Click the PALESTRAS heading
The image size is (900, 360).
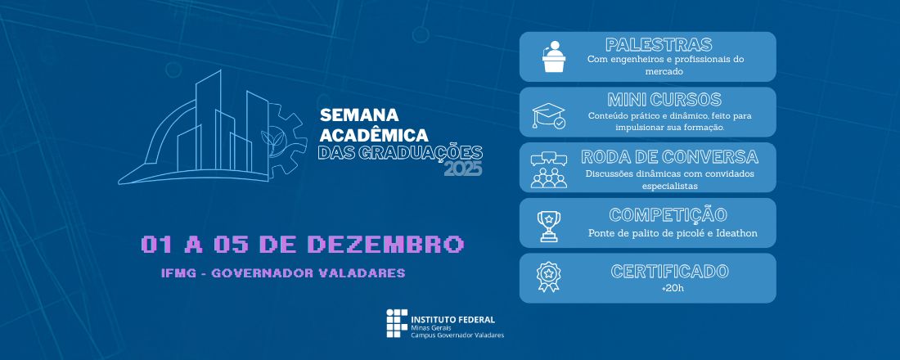tap(659, 45)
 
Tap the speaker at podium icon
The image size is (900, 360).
tap(555, 56)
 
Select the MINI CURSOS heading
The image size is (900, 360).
tap(664, 100)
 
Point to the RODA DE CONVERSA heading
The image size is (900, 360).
tap(669, 156)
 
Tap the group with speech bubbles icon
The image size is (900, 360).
tap(549, 169)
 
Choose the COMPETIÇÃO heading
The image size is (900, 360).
tap(668, 215)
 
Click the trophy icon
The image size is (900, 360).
tap(547, 226)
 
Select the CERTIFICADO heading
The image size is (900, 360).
tap(669, 271)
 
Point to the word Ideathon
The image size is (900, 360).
tap(734, 233)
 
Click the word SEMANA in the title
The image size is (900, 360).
tap(358, 114)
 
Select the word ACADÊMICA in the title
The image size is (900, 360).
tap(374, 133)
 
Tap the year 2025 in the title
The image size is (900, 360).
tap(462, 169)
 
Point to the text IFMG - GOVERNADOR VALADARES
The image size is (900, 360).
tap(283, 273)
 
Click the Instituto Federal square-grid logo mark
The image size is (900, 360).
tap(396, 324)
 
